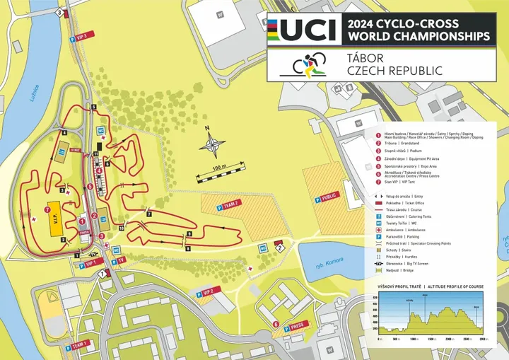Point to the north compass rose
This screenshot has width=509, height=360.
click(x=213, y=146)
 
